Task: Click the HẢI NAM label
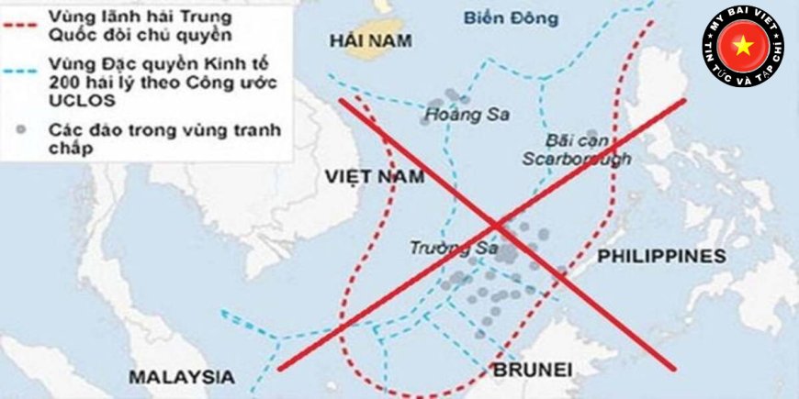(370, 39)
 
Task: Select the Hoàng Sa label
(467, 116)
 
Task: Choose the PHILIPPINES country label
(661, 256)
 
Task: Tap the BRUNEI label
(533, 370)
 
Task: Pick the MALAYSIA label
(181, 376)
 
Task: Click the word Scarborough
(578, 159)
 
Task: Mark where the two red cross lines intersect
(497, 223)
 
